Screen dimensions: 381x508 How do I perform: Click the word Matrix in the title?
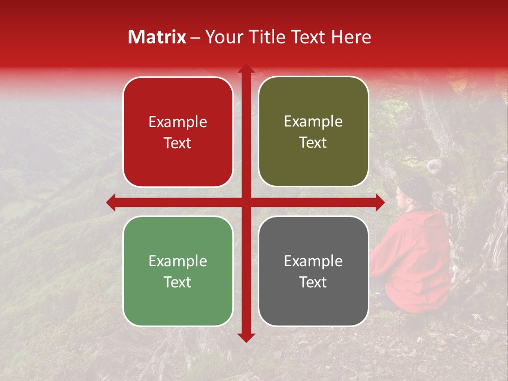coord(157,37)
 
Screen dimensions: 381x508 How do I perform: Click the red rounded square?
coord(178,132)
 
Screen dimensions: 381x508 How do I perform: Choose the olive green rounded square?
coord(313,132)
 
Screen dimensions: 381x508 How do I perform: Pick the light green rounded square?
coord(178,271)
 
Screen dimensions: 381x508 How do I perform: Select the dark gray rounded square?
coord(313,271)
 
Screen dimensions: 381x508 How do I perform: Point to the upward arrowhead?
coord(246,69)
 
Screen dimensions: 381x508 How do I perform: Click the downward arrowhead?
coord(246,337)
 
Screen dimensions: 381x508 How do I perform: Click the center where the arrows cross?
coord(246,202)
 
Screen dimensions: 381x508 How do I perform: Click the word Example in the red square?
coord(178,122)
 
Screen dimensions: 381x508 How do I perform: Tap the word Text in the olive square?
coord(313,143)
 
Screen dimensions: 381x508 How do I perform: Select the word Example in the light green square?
coord(178,261)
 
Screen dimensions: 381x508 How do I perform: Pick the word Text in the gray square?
coord(313,282)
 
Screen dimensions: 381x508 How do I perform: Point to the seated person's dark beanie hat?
coord(416,186)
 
